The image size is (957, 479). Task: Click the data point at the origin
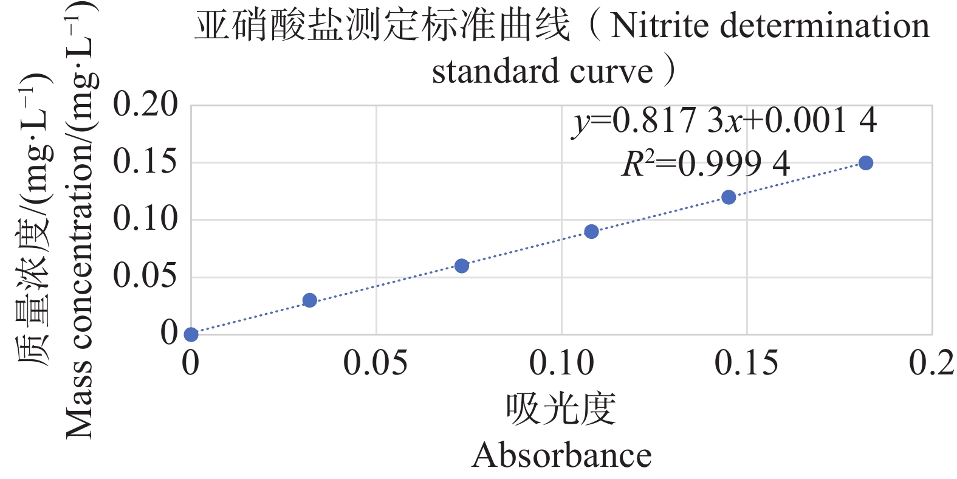(191, 334)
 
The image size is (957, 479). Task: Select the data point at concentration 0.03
(309, 300)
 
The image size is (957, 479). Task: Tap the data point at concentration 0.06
(462, 266)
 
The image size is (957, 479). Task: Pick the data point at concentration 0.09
(591, 232)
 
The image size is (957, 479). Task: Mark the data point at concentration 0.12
(729, 197)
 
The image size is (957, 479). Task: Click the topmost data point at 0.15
(866, 163)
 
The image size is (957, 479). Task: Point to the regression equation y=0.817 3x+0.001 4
(724, 120)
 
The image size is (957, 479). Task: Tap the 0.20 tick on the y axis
(145, 105)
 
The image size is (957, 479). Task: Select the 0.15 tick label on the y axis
(145, 162)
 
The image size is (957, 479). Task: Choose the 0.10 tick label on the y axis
(145, 219)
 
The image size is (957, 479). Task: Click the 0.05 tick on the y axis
(145, 276)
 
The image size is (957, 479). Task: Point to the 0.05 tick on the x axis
(376, 364)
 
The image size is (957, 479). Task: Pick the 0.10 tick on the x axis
(561, 364)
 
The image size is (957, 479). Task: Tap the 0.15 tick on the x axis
(746, 364)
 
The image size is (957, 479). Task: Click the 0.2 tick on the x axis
(931, 364)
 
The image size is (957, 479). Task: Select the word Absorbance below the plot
(561, 455)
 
